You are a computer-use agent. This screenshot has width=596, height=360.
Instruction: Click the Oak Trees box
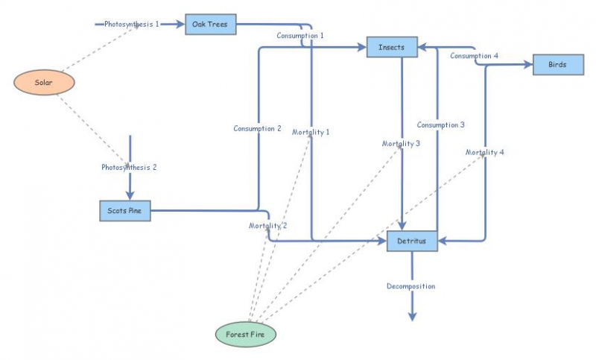tap(210, 25)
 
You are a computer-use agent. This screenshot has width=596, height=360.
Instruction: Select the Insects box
tap(392, 47)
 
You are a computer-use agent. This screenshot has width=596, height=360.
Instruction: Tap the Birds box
tap(557, 65)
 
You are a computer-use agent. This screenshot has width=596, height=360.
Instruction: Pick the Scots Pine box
tap(125, 211)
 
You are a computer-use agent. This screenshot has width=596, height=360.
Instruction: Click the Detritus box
tap(412, 241)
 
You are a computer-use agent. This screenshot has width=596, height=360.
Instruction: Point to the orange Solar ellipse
tap(44, 82)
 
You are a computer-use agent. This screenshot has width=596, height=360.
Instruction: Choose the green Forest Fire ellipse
tap(246, 335)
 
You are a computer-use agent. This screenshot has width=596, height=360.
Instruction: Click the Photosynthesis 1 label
tap(132, 25)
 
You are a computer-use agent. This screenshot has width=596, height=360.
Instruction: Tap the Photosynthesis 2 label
tap(130, 167)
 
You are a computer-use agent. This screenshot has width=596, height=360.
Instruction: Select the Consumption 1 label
tap(300, 35)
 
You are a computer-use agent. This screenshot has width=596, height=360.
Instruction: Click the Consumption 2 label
tap(257, 128)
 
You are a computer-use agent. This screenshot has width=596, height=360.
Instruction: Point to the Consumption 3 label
tap(441, 124)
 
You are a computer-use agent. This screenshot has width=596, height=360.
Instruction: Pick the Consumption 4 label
tap(475, 56)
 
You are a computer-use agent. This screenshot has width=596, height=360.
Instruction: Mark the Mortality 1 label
tap(311, 132)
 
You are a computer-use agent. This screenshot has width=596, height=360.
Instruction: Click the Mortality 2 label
tap(268, 225)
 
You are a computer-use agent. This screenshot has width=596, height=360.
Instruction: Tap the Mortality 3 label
tap(402, 143)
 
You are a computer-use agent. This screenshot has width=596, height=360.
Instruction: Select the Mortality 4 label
tap(485, 152)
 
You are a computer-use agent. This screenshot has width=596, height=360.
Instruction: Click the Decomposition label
tap(410, 286)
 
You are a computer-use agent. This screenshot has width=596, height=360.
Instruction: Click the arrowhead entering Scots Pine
tap(130, 195)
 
